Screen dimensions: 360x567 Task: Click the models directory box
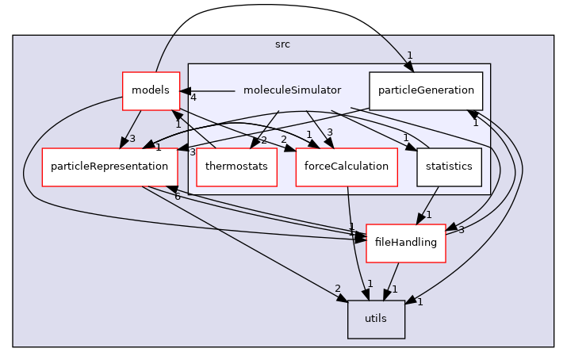150,90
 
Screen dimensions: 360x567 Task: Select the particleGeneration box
426,90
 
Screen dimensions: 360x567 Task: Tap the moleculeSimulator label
292,90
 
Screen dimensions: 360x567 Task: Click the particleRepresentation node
109,167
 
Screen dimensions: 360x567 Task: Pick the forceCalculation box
346,167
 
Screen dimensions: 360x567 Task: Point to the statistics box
448,167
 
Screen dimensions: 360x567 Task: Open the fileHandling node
405,242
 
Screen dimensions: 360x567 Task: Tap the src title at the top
282,44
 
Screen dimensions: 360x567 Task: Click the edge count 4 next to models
193,98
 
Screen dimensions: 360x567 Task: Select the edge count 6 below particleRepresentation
177,196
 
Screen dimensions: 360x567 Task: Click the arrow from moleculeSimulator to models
210,91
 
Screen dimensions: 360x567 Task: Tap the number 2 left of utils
337,289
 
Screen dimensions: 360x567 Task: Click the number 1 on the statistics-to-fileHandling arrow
428,215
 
